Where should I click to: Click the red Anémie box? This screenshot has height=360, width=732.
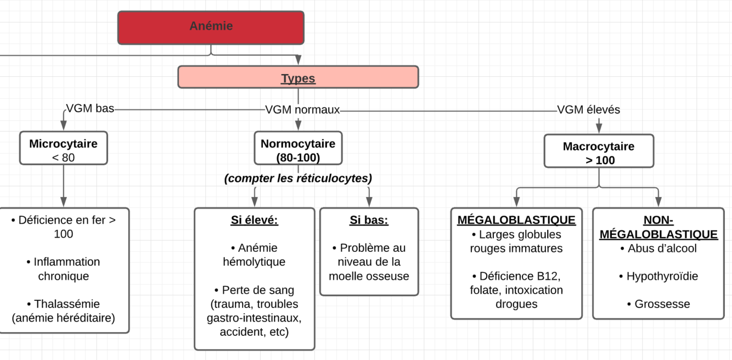(x=211, y=27)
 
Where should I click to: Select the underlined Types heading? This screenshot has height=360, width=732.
(x=298, y=78)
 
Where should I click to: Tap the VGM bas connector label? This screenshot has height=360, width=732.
(x=90, y=109)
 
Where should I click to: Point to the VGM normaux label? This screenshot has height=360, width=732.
(x=302, y=110)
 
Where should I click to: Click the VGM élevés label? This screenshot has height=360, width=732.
(x=588, y=110)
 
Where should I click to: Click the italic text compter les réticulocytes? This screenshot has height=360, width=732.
(x=298, y=178)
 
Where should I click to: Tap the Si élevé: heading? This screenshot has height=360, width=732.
(x=254, y=221)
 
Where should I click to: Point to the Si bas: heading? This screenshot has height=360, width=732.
(x=369, y=221)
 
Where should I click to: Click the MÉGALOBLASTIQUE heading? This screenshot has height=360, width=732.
(x=516, y=221)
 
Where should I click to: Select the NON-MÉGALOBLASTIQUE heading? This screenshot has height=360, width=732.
(x=658, y=227)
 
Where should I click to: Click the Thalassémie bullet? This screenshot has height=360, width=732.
(x=64, y=311)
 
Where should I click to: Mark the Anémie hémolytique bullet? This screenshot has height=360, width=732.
(x=254, y=255)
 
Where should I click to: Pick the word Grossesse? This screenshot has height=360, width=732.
(x=662, y=304)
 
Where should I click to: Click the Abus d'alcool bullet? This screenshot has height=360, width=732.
(x=658, y=249)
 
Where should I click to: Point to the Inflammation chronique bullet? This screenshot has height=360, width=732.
(x=64, y=269)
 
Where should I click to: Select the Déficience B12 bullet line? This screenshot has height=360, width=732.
(x=516, y=276)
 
